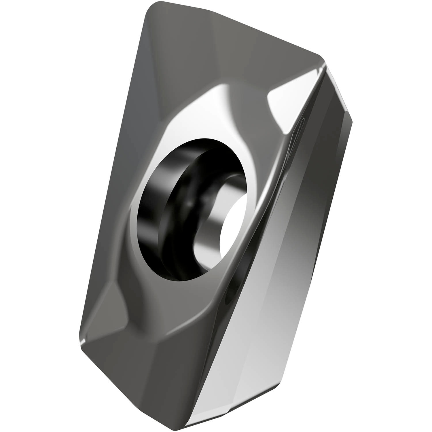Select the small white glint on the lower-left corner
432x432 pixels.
click(x=83, y=342)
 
